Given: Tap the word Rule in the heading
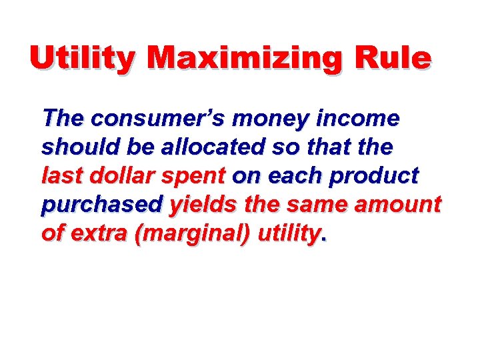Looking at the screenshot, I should coord(393,59).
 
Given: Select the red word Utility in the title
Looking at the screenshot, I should coord(84,59).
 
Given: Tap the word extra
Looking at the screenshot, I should coord(99,233).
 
